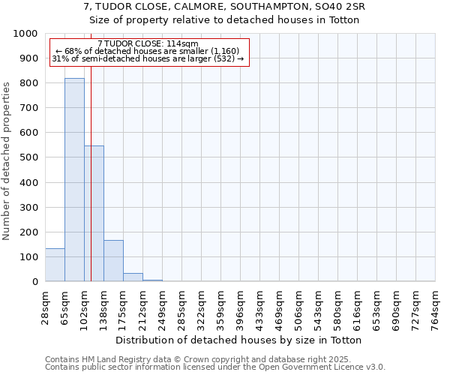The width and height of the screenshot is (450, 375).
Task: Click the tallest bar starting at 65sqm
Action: (74, 180)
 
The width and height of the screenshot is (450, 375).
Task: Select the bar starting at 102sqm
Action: (94, 214)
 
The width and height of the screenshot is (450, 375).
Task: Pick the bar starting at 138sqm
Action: (113, 261)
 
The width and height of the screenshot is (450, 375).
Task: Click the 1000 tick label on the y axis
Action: (25, 34)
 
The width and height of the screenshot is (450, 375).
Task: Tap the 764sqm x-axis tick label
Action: (436, 307)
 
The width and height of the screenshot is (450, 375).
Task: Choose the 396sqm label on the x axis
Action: (241, 307)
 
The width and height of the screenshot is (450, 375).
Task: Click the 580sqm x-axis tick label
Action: (338, 307)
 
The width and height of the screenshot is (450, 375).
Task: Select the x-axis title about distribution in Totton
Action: (239, 340)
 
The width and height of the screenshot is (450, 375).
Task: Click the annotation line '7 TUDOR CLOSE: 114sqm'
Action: (148, 44)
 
